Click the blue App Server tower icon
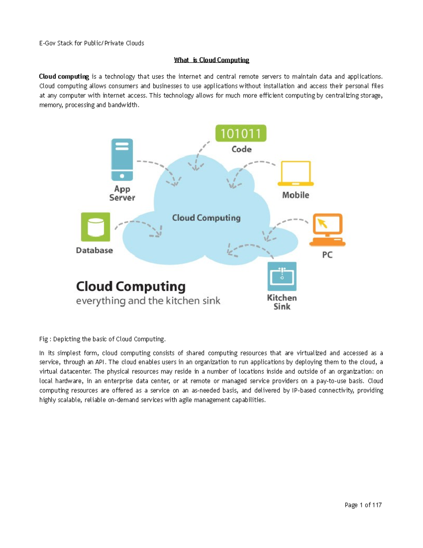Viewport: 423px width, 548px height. tap(122, 159)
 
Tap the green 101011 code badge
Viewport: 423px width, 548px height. tap(241, 133)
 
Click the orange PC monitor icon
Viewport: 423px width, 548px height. tap(327, 229)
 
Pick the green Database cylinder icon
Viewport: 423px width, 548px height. tap(96, 227)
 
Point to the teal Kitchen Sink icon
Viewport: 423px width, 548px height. tap(282, 276)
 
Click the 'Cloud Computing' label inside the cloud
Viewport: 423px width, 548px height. tap(206, 218)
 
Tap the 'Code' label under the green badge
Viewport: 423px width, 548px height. tap(241, 149)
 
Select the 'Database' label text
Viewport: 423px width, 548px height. tap(94, 250)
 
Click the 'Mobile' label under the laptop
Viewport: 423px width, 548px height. tap(295, 195)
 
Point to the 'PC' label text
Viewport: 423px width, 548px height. tap(327, 255)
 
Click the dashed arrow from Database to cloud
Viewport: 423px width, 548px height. tap(139, 226)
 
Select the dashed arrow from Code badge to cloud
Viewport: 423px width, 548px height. tap(199, 155)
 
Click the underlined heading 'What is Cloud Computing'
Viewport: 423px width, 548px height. tap(211, 60)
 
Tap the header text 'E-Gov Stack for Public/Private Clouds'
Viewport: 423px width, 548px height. tap(92, 43)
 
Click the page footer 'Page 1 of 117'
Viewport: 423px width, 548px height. tap(363, 505)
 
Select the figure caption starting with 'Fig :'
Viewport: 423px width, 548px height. tap(102, 339)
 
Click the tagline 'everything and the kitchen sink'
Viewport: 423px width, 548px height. tap(148, 301)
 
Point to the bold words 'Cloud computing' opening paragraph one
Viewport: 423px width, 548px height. tap(64, 77)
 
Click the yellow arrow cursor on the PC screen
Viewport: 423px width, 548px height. tap(322, 223)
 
